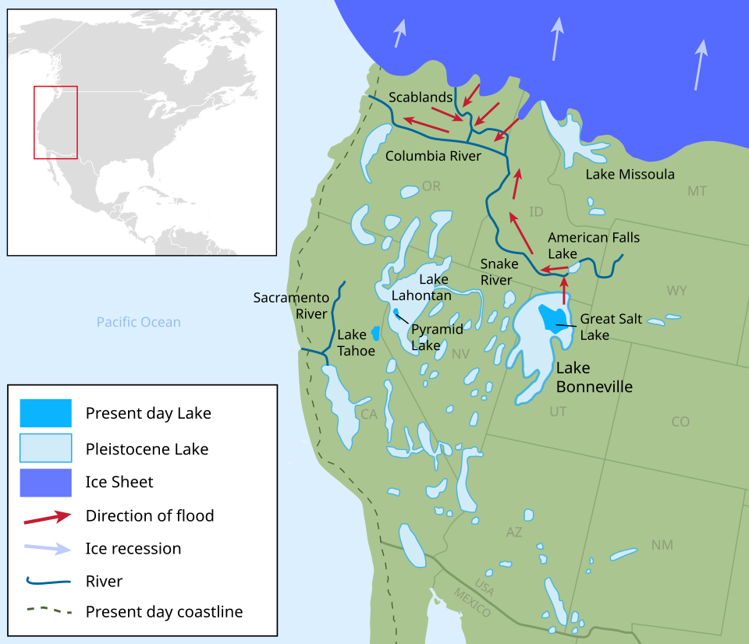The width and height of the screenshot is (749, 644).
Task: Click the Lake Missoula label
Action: pyautogui.click(x=630, y=174)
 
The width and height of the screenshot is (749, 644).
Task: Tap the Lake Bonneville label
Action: pyautogui.click(x=593, y=377)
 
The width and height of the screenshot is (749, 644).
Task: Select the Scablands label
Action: pyautogui.click(x=421, y=97)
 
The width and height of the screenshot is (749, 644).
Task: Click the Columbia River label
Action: pyautogui.click(x=433, y=156)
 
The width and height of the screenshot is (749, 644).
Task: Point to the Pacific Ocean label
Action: pyautogui.click(x=139, y=322)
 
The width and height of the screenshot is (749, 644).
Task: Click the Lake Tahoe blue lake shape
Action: pyautogui.click(x=375, y=333)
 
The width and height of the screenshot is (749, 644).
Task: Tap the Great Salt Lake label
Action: pyautogui.click(x=605, y=327)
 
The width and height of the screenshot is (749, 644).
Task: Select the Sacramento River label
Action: pyautogui.click(x=290, y=306)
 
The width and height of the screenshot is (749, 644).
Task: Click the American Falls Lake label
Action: pyautogui.click(x=593, y=245)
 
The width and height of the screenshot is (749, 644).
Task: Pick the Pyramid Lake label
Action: pyautogui.click(x=437, y=336)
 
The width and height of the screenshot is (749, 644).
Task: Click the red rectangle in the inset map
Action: pyautogui.click(x=55, y=122)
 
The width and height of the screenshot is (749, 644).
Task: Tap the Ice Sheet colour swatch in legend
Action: pyautogui.click(x=46, y=482)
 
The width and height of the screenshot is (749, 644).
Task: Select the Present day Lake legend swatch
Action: pyautogui.click(x=46, y=413)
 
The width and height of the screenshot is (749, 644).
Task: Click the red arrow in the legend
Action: pyautogui.click(x=46, y=516)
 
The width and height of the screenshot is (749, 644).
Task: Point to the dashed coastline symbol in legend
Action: pyautogui.click(x=46, y=612)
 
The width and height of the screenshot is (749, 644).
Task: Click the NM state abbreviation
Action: pyautogui.click(x=662, y=545)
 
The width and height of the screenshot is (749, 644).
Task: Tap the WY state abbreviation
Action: pyautogui.click(x=676, y=291)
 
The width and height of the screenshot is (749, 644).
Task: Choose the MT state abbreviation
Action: pyautogui.click(x=697, y=191)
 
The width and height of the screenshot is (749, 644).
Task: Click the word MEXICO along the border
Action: pyautogui.click(x=472, y=603)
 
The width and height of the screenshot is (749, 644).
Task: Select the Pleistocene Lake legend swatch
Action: pyautogui.click(x=46, y=448)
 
